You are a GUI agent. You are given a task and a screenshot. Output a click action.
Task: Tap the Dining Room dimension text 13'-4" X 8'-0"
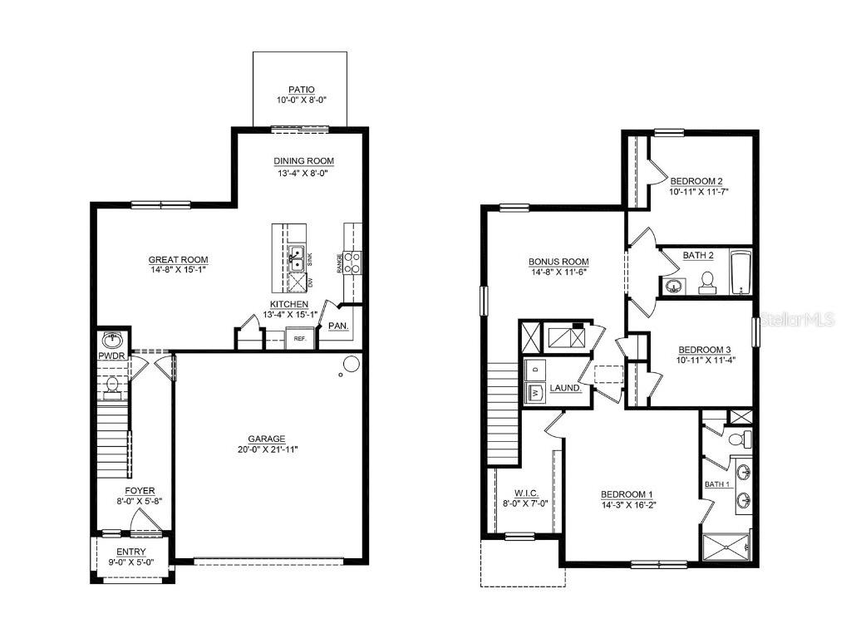coord(304,174)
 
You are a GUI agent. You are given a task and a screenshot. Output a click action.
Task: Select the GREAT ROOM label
coord(178,260)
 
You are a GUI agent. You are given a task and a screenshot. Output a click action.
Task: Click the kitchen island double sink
coord(295,259)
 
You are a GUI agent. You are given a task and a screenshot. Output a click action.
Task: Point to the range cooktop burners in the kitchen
coord(352,263)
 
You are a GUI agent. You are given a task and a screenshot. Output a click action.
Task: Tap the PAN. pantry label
coord(338,326)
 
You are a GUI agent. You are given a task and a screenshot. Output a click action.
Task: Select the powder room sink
coord(112,340)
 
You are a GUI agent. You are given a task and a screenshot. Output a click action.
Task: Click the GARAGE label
coord(266,439)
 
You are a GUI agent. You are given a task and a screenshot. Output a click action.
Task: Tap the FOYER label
coord(140,491)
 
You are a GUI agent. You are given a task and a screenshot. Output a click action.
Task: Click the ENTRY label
coord(131,552)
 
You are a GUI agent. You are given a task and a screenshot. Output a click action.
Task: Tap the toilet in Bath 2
coord(707,282)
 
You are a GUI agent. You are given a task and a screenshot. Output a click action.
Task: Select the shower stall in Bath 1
coord(727,547)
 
